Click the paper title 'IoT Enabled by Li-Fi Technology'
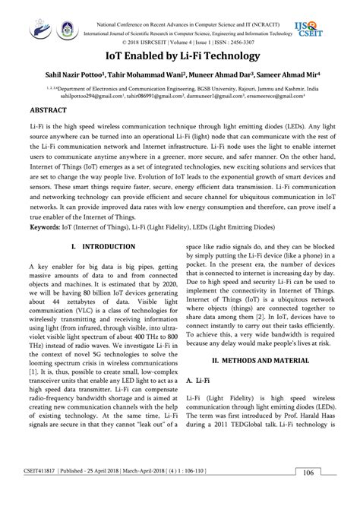pyautogui.click(x=179, y=56)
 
